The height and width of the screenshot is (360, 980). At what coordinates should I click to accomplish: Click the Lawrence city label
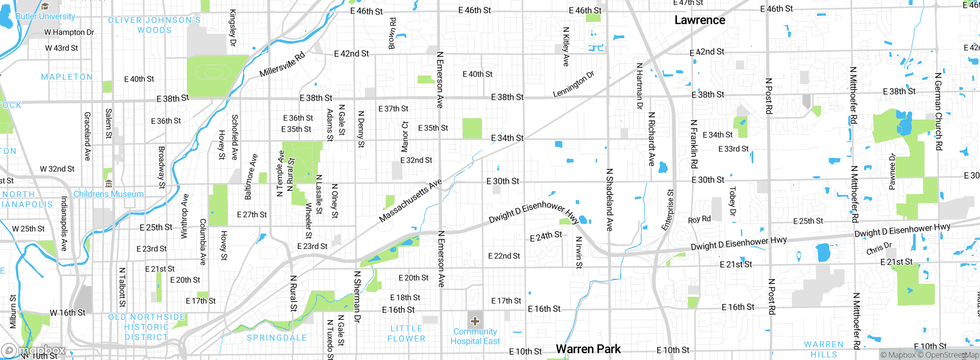[699, 20]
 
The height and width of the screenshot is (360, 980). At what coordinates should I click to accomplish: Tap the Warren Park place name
[588, 349]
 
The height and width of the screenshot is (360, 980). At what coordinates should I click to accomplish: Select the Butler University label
[45, 16]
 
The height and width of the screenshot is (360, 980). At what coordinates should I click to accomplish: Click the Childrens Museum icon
[109, 184]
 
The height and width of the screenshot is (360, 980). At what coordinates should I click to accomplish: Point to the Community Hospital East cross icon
[475, 321]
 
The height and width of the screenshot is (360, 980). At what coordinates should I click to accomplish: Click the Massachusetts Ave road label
[410, 201]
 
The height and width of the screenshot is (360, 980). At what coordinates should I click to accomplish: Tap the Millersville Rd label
[282, 64]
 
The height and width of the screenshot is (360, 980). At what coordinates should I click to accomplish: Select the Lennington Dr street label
[573, 84]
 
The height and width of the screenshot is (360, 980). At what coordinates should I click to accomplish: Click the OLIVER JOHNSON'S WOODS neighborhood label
[154, 25]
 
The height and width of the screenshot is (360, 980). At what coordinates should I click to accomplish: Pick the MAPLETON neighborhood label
[67, 77]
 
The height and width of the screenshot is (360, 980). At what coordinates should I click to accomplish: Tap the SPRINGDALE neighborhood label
[277, 338]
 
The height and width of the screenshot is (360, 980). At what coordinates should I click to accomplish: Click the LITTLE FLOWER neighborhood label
[406, 334]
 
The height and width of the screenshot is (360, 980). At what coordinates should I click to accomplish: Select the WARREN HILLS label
[824, 349]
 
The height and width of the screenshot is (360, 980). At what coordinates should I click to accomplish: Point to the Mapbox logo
[34, 350]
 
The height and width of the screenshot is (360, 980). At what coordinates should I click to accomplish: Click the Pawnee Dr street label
[892, 172]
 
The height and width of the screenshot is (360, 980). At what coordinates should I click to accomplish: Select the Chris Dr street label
[879, 248]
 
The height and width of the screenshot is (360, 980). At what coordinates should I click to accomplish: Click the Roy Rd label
[699, 219]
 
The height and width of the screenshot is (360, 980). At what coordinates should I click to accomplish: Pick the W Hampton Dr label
[69, 32]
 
